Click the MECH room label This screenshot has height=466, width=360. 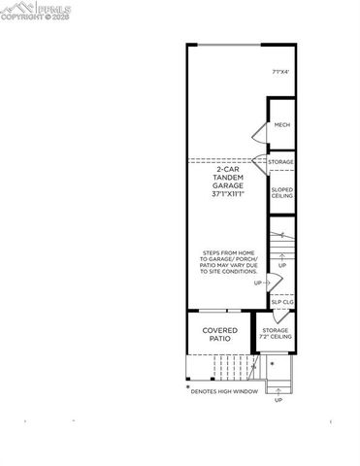tap(282, 125)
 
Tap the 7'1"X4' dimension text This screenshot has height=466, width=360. tap(281, 70)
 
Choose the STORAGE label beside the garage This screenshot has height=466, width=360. tap(282, 161)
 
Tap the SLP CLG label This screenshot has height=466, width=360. tap(282, 302)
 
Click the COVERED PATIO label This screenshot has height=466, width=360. tap(220, 335)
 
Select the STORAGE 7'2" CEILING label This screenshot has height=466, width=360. tap(276, 335)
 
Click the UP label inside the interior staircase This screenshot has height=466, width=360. tap(282, 265)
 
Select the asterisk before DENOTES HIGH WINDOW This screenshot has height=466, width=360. tap(187, 387)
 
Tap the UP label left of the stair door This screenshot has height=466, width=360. tap(258, 283)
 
